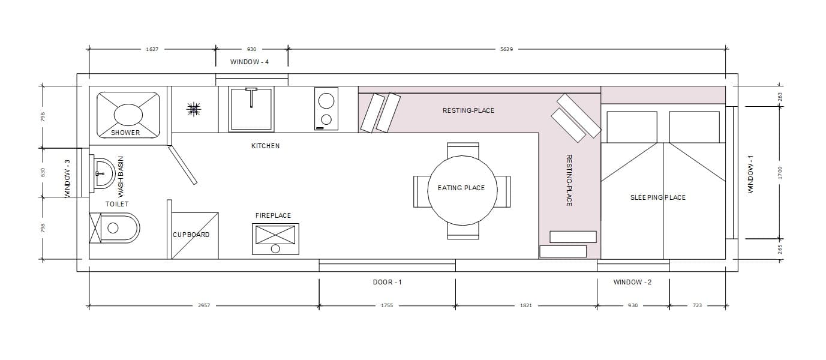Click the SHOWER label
click(125, 133)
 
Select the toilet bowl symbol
click(115, 228)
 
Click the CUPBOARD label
click(191, 235)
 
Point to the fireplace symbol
click(275, 239)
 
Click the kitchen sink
click(251, 109)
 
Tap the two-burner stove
click(326, 109)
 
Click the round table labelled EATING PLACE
click(462, 190)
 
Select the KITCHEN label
click(266, 146)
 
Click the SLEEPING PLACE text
click(658, 198)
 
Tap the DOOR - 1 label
click(387, 282)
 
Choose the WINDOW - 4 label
click(250, 62)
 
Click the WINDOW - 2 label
click(632, 282)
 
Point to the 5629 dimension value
click(507, 49)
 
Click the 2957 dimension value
click(204, 305)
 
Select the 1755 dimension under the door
click(387, 305)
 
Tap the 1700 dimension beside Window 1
click(780, 173)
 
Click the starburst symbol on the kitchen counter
click(194, 109)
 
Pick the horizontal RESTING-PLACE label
click(468, 110)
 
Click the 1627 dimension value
click(152, 49)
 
